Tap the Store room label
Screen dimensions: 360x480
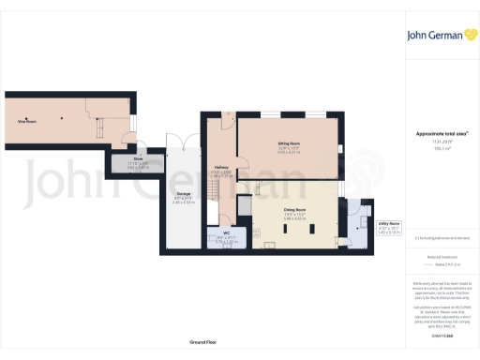pyautogui.click(x=138, y=159)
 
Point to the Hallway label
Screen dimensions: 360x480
pyautogui.click(x=221, y=168)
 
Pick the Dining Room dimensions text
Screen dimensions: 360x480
pyautogui.click(x=296, y=219)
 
